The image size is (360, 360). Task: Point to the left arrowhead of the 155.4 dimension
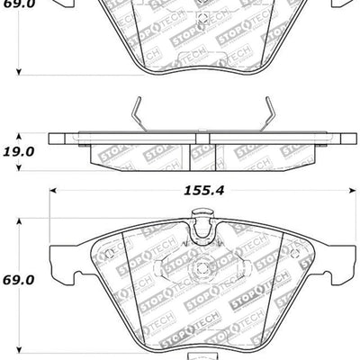[52, 191]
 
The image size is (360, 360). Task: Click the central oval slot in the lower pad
[200, 268]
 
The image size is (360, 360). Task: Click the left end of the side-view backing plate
[52, 140]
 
